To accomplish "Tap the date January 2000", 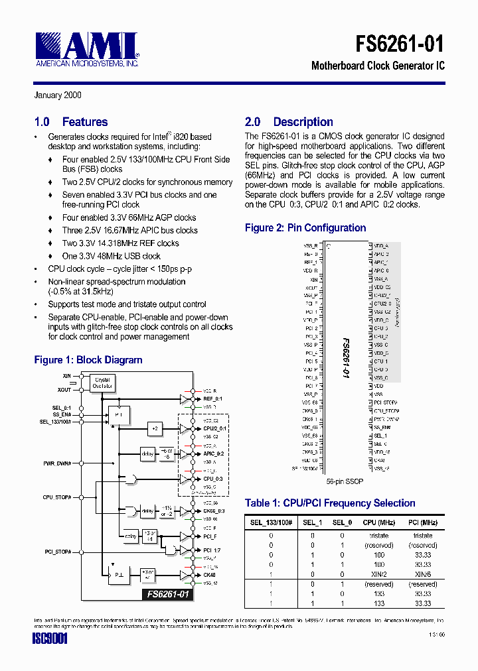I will point(58,95).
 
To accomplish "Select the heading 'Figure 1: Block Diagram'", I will point(88,360).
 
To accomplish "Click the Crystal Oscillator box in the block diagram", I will point(102,383).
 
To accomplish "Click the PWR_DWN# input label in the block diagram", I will point(57,463).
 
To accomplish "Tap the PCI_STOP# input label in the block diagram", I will point(58,552).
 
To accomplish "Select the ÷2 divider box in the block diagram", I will point(155,429).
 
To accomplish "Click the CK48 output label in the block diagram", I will point(209,574).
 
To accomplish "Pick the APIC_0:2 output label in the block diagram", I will point(214,454).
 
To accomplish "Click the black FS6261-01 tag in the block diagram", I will point(169,595).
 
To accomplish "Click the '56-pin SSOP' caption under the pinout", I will point(345,482).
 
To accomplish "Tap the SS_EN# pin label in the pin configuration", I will point(382,428).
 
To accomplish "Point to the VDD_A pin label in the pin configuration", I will point(381,246).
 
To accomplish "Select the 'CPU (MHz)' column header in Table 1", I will point(380,522).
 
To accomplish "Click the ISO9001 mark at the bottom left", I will point(50,639).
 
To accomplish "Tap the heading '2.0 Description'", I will point(289,122).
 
